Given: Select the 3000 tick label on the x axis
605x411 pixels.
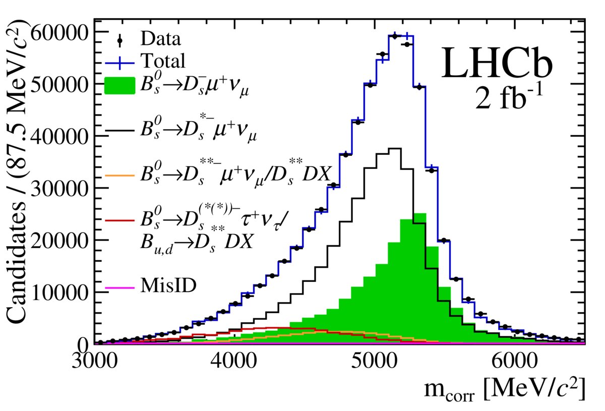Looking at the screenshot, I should click(x=95, y=363).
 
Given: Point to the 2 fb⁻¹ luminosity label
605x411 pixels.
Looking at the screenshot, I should click(x=509, y=99).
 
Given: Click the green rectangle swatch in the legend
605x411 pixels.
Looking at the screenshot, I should click(x=120, y=85).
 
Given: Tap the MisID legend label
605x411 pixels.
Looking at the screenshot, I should click(x=169, y=285).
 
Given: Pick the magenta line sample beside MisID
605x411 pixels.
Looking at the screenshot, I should click(x=120, y=287).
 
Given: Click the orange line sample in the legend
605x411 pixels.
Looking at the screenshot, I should click(x=120, y=175).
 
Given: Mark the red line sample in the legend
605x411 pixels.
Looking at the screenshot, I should click(x=120, y=220).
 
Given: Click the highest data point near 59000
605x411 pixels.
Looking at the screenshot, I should click(x=395, y=36).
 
